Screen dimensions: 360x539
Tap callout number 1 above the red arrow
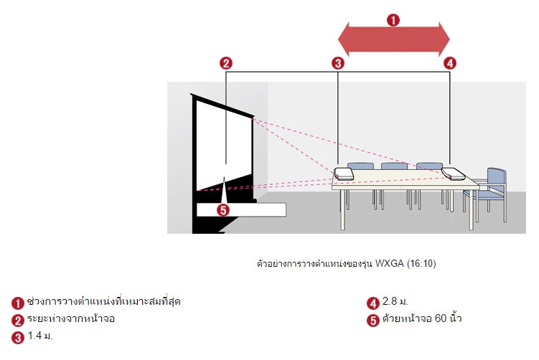[393, 19]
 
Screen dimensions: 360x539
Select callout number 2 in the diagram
[225, 63]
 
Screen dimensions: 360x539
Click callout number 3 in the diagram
[338, 63]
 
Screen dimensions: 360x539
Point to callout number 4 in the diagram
[450, 63]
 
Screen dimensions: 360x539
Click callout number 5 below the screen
[223, 210]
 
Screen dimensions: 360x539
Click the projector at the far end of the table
[454, 173]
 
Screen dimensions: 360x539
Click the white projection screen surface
[224, 147]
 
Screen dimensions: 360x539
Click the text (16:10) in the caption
[421, 263]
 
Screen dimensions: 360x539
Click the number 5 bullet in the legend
[372, 321]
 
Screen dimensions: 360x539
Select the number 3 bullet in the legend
[18, 337]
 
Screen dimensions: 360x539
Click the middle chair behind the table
[394, 168]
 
